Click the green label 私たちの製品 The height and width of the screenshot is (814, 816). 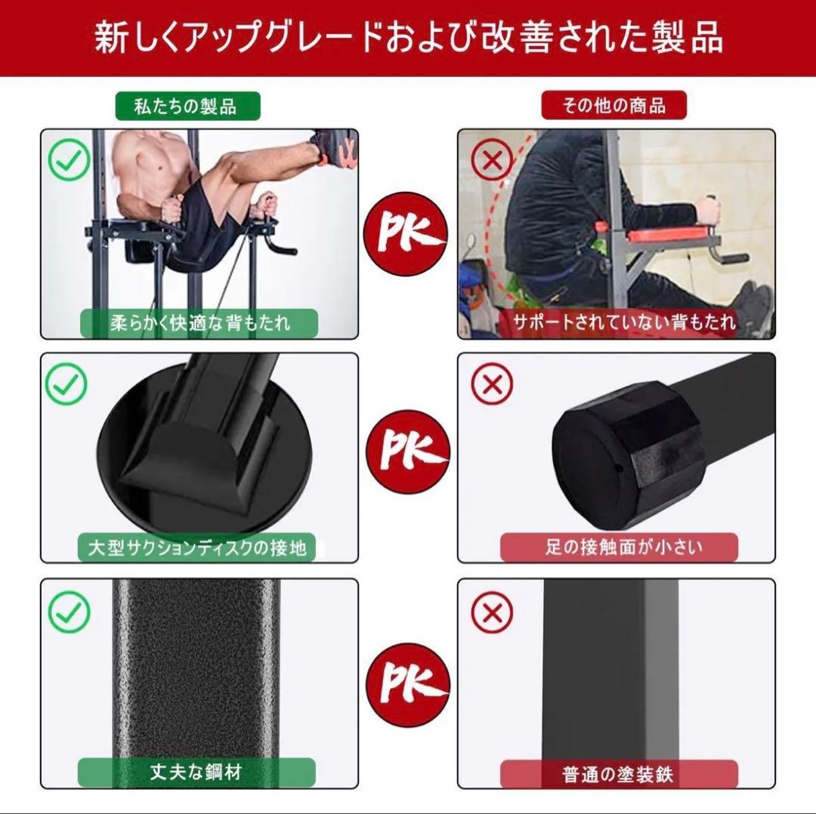(186, 106)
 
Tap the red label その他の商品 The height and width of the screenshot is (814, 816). (614, 106)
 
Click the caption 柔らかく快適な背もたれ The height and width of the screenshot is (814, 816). (199, 323)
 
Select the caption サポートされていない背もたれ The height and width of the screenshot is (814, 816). (624, 322)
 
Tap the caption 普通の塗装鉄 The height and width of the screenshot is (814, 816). (619, 772)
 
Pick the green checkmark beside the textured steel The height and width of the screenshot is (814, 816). (69, 612)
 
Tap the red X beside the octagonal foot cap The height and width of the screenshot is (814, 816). (492, 385)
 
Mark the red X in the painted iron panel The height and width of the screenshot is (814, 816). (492, 612)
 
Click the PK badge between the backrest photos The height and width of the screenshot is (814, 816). (407, 227)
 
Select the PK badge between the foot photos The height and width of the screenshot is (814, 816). (407, 452)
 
